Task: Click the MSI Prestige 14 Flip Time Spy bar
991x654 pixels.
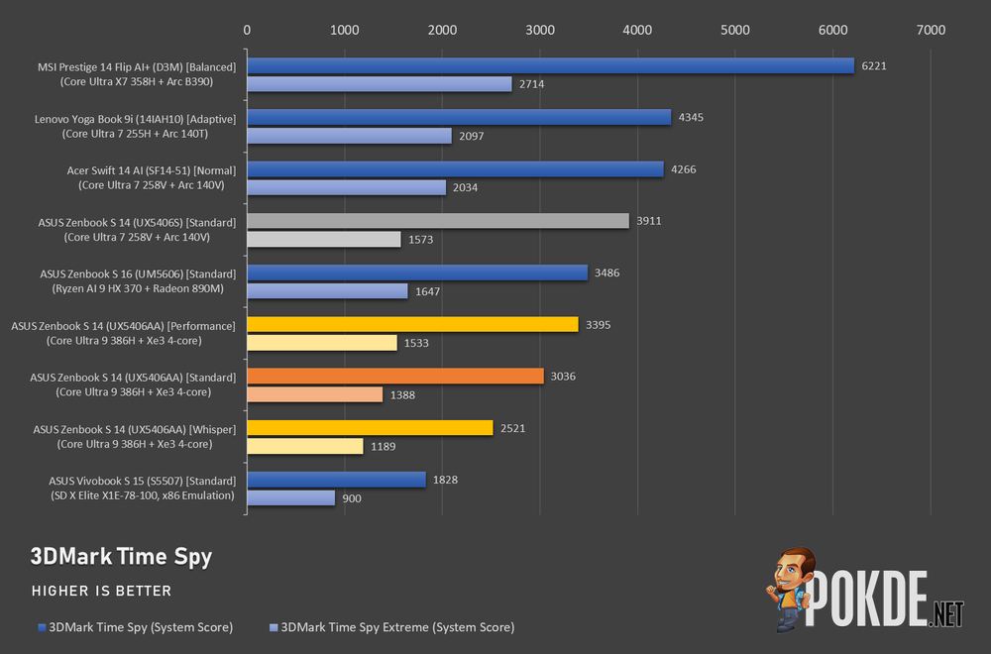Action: pyautogui.click(x=550, y=65)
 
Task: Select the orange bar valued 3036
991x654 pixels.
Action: pyautogui.click(x=395, y=376)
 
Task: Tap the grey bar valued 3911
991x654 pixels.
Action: pyautogui.click(x=438, y=221)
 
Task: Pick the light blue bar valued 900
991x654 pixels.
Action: pyautogui.click(x=290, y=497)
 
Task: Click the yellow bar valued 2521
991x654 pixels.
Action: pyautogui.click(x=370, y=428)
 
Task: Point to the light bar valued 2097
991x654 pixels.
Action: pyautogui.click(x=350, y=136)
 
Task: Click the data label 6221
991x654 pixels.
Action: pyautogui.click(x=874, y=65)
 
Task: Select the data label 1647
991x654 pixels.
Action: pyautogui.click(x=427, y=291)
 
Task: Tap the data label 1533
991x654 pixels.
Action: pyautogui.click(x=416, y=343)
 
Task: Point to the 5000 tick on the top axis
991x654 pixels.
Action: pyautogui.click(x=735, y=30)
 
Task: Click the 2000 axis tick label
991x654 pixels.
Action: pyautogui.click(x=442, y=30)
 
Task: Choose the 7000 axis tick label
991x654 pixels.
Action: pyautogui.click(x=931, y=30)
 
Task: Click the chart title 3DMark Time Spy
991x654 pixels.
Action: pyautogui.click(x=121, y=557)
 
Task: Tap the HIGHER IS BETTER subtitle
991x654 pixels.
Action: pyautogui.click(x=102, y=591)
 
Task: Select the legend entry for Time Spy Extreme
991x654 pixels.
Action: pyautogui.click(x=391, y=627)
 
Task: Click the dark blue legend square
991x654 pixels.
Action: pyautogui.click(x=43, y=627)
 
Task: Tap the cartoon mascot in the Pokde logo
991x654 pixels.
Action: pyautogui.click(x=791, y=589)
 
